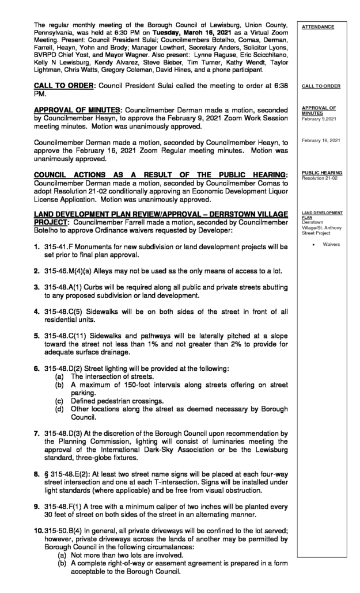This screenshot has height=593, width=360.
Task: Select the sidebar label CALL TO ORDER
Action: (320, 86)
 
